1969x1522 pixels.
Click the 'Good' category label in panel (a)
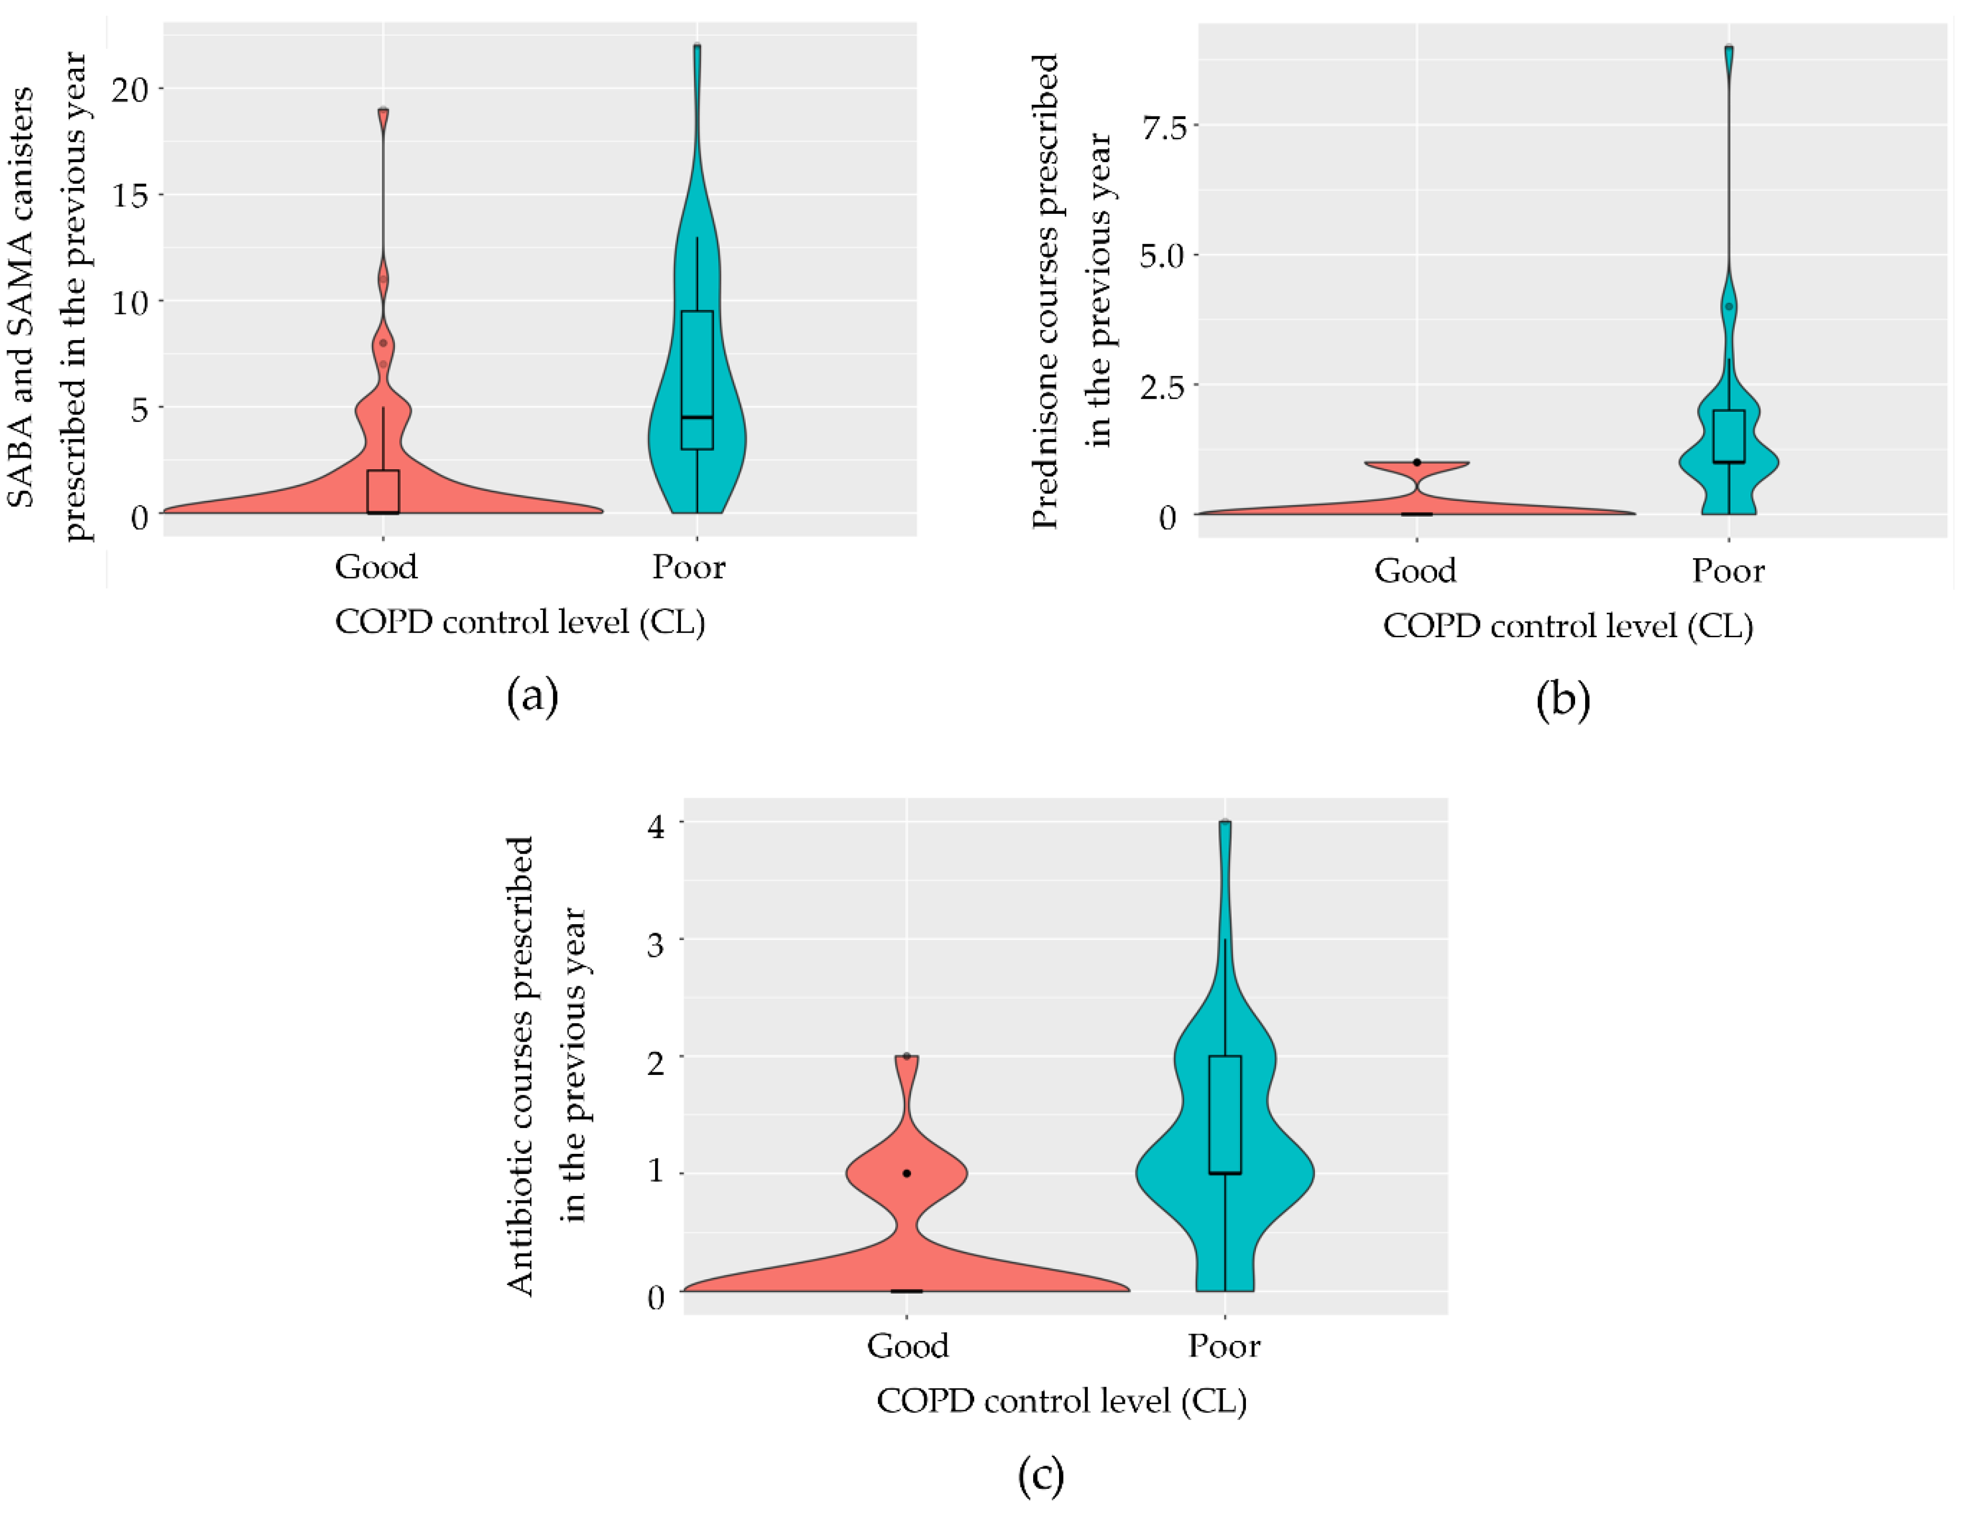[x=376, y=567]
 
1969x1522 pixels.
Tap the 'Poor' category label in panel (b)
[x=1727, y=571]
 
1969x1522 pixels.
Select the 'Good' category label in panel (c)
[x=907, y=1346]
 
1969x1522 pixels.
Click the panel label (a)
[x=533, y=697]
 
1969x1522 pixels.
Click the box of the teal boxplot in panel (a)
[x=697, y=379]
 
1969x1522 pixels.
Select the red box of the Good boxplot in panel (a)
[x=383, y=491]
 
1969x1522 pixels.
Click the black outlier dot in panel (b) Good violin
[x=1417, y=462]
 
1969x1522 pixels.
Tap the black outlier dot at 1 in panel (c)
[x=907, y=1173]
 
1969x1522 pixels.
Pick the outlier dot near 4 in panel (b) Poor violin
[x=1728, y=307]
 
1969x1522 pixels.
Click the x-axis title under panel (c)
[x=1061, y=1401]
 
